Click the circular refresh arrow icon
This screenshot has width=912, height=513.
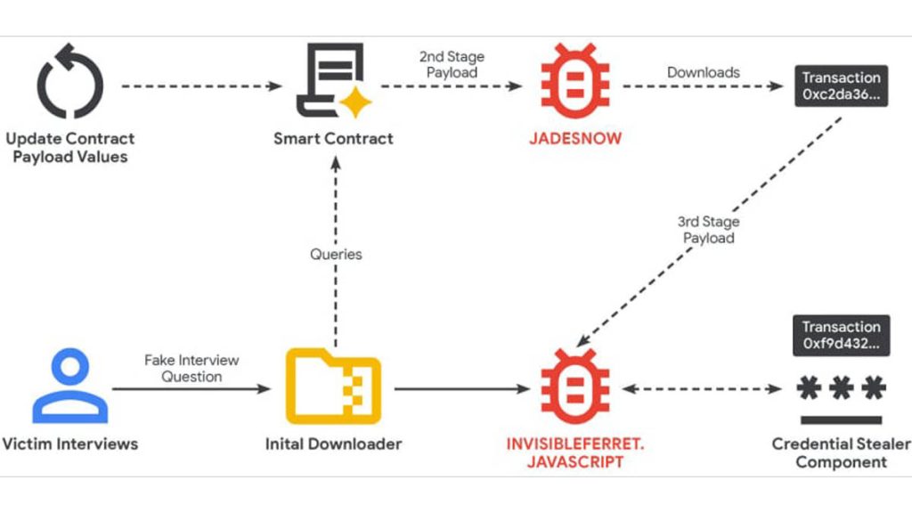point(70,85)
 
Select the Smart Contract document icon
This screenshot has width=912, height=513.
point(330,83)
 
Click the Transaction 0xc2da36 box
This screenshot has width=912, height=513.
point(841,87)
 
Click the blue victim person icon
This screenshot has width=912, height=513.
point(69,387)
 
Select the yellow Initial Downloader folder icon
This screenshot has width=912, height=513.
point(333,387)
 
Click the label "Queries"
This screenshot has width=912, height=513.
point(336,254)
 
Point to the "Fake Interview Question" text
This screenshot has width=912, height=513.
point(191,368)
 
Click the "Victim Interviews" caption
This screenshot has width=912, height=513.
point(70,443)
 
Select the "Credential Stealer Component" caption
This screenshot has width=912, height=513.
point(841,452)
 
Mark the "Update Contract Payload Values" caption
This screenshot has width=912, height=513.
point(70,148)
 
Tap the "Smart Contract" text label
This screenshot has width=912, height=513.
point(333,138)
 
